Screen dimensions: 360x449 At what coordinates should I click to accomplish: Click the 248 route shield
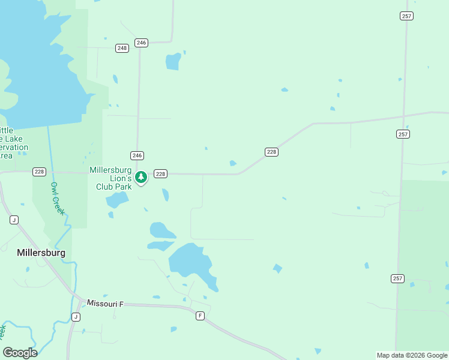(x=122, y=48)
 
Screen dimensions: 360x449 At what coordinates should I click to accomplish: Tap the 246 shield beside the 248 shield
(x=141, y=43)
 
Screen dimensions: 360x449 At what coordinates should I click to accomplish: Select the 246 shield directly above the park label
(x=137, y=155)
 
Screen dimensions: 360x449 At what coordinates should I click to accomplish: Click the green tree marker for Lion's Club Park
(x=141, y=177)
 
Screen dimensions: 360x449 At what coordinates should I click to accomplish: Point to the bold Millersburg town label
(x=41, y=253)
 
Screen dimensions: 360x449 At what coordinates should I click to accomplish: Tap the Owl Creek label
(x=58, y=199)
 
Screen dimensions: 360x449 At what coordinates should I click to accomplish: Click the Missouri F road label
(x=105, y=304)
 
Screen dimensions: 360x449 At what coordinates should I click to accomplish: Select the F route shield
(x=200, y=316)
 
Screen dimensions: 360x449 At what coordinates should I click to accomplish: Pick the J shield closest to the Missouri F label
(x=76, y=317)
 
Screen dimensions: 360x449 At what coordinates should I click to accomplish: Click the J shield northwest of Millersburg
(x=14, y=220)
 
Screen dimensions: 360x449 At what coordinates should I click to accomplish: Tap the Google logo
(x=20, y=353)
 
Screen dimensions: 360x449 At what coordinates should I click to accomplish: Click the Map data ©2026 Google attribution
(x=412, y=355)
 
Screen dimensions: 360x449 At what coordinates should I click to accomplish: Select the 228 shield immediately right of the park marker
(x=160, y=174)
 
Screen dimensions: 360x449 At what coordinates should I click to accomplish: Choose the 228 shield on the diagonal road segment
(x=271, y=152)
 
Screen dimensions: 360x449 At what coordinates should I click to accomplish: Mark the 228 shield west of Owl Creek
(x=39, y=172)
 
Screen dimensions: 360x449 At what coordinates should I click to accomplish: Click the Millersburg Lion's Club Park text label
(x=110, y=178)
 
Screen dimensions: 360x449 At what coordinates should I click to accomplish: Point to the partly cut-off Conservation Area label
(x=13, y=143)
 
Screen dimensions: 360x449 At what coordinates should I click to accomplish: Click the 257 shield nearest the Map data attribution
(x=397, y=278)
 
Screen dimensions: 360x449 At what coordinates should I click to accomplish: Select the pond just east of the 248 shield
(x=173, y=61)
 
